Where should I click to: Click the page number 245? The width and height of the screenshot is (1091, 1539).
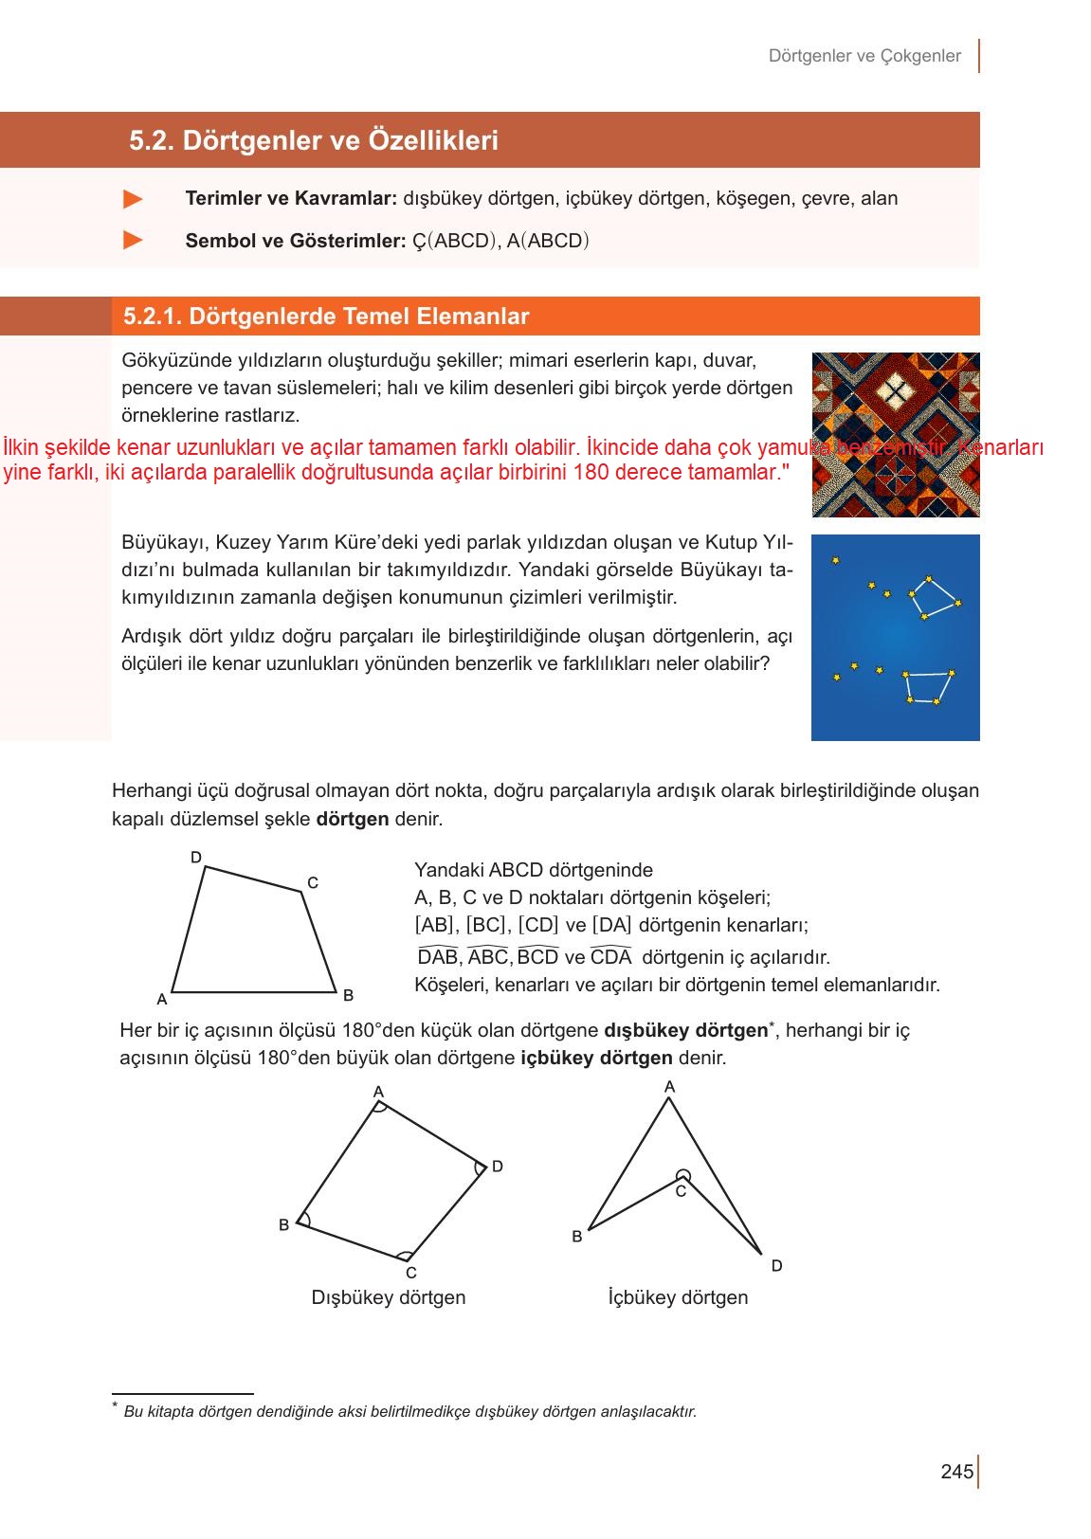[x=956, y=1472]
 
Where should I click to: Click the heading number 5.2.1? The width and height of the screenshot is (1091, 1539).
[x=152, y=317]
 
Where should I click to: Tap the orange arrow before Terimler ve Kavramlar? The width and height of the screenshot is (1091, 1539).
[x=134, y=199]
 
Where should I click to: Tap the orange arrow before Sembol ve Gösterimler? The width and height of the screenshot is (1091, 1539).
[x=134, y=241]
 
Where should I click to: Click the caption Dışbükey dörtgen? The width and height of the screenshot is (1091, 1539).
[x=388, y=1297]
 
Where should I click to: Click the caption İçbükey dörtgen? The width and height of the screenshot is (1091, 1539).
[x=678, y=1297]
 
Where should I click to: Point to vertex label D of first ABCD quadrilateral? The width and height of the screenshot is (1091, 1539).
[x=196, y=858]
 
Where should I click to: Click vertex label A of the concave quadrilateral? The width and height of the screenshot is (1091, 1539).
[x=670, y=1087]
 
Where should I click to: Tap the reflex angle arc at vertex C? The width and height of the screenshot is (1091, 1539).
[x=682, y=1176]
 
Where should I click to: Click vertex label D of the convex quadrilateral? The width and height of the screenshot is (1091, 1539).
[x=497, y=1167]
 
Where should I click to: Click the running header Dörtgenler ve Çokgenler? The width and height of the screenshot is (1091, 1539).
[x=864, y=56]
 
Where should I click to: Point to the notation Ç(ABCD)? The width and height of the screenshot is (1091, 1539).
[x=455, y=241]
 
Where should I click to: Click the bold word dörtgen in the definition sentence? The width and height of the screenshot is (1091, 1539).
[x=352, y=819]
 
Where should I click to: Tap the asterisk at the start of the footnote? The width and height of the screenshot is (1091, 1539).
[x=115, y=1406]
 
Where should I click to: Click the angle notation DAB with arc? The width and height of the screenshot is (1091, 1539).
[x=437, y=956]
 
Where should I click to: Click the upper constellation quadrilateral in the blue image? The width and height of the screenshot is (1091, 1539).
[x=934, y=597]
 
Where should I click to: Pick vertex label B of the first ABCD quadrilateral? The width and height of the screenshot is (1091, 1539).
[x=348, y=995]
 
